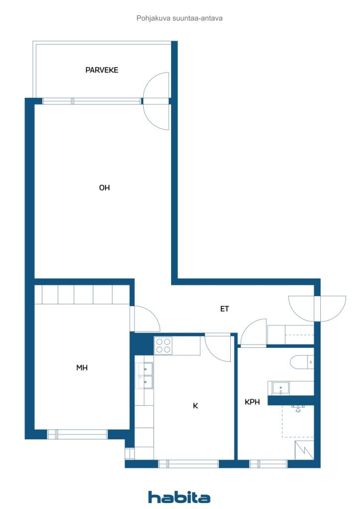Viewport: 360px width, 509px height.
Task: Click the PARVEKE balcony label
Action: tap(101, 70)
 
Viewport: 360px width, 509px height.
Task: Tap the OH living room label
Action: tap(104, 187)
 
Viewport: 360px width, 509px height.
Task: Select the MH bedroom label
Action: tap(82, 367)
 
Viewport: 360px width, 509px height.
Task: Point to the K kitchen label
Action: tap(195, 406)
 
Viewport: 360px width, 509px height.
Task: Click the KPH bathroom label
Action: tap(252, 402)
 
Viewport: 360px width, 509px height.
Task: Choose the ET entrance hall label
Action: tap(225, 309)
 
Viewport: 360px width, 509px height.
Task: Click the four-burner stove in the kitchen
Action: tap(163, 345)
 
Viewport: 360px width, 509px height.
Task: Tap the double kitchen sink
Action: tap(145, 376)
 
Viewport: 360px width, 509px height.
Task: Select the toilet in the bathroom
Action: tap(302, 362)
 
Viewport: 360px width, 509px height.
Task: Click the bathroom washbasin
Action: tap(280, 388)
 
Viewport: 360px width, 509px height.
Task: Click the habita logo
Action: tap(179, 497)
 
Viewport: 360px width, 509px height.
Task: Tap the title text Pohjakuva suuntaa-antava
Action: tap(180, 18)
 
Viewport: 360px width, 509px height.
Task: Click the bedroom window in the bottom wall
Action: tap(77, 434)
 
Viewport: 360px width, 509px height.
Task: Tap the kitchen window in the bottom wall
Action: tap(188, 464)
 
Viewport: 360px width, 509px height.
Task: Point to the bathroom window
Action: tap(269, 464)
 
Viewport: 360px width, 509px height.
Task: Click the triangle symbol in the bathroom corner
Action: tap(304, 450)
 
